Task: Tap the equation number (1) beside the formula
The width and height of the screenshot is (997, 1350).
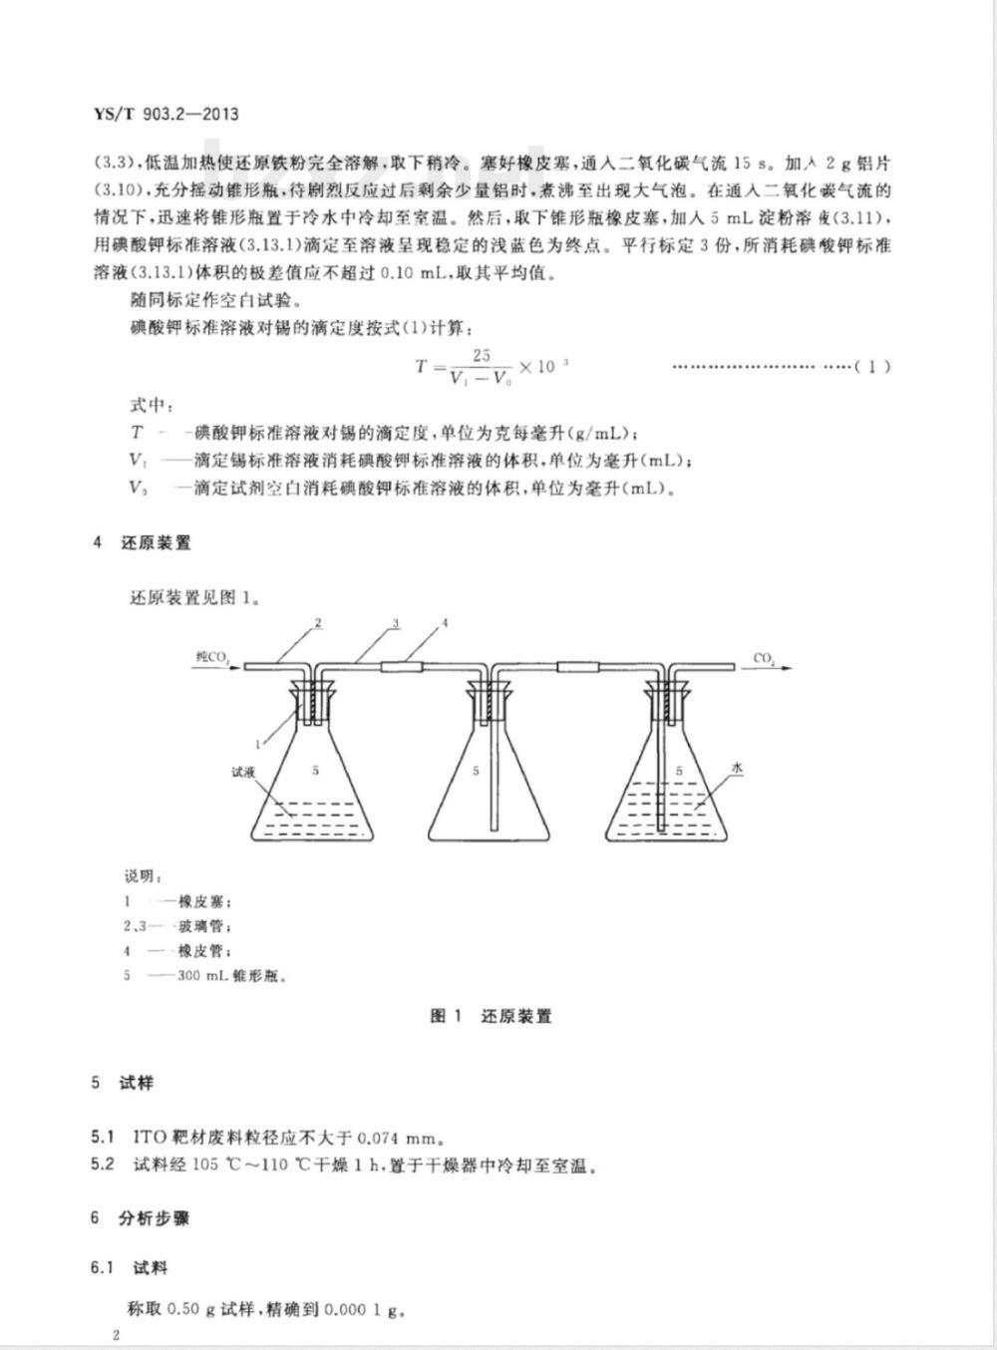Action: tap(872, 366)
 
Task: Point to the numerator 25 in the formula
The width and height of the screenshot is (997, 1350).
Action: tap(482, 355)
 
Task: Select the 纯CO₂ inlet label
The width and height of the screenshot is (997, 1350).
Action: tap(212, 657)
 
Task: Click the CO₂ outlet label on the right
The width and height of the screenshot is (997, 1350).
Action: tap(766, 658)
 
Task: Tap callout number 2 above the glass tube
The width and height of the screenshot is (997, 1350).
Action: tap(317, 623)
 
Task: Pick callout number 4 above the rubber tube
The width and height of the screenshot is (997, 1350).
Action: tap(445, 623)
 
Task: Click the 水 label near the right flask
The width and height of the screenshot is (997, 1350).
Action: tap(738, 769)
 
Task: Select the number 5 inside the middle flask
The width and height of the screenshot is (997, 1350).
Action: tap(476, 771)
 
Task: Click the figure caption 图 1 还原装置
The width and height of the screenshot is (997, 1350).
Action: tap(491, 1016)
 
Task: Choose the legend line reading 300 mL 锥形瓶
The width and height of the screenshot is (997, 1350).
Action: tap(232, 975)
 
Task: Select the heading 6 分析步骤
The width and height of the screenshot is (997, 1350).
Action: tap(141, 1217)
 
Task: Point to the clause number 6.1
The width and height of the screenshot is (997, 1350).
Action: tap(102, 1268)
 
